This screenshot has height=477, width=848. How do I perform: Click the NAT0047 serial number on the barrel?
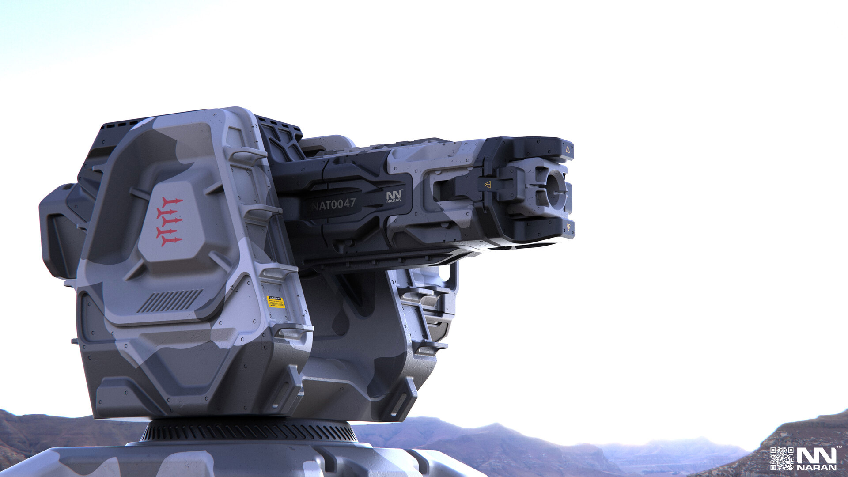(333, 204)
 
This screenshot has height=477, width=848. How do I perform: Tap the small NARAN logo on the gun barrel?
(394, 197)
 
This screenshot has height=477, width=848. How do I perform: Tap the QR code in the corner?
(782, 458)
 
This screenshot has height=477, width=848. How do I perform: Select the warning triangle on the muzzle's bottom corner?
(568, 227)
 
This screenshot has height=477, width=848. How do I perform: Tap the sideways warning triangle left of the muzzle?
(488, 185)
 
